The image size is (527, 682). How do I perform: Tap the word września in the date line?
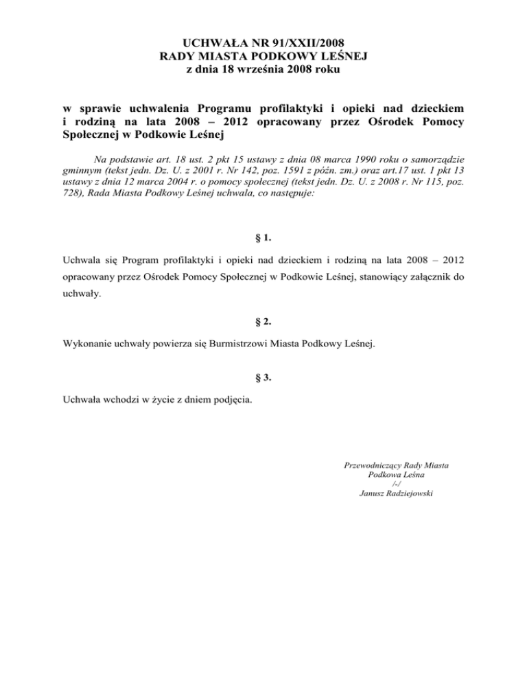(269, 69)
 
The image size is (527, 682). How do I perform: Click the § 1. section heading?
(263, 239)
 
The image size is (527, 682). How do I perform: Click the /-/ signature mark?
(396, 484)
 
